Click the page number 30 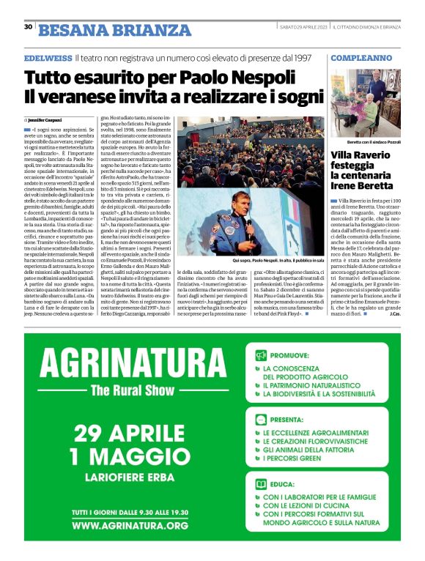[28, 27]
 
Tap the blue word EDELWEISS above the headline [47, 56]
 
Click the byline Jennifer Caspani [45, 119]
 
